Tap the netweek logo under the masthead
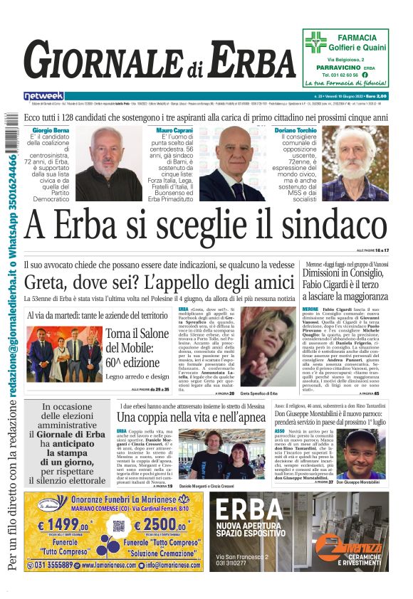point(43,95)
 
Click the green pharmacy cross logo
point(316,41)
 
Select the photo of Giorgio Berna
point(108,164)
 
